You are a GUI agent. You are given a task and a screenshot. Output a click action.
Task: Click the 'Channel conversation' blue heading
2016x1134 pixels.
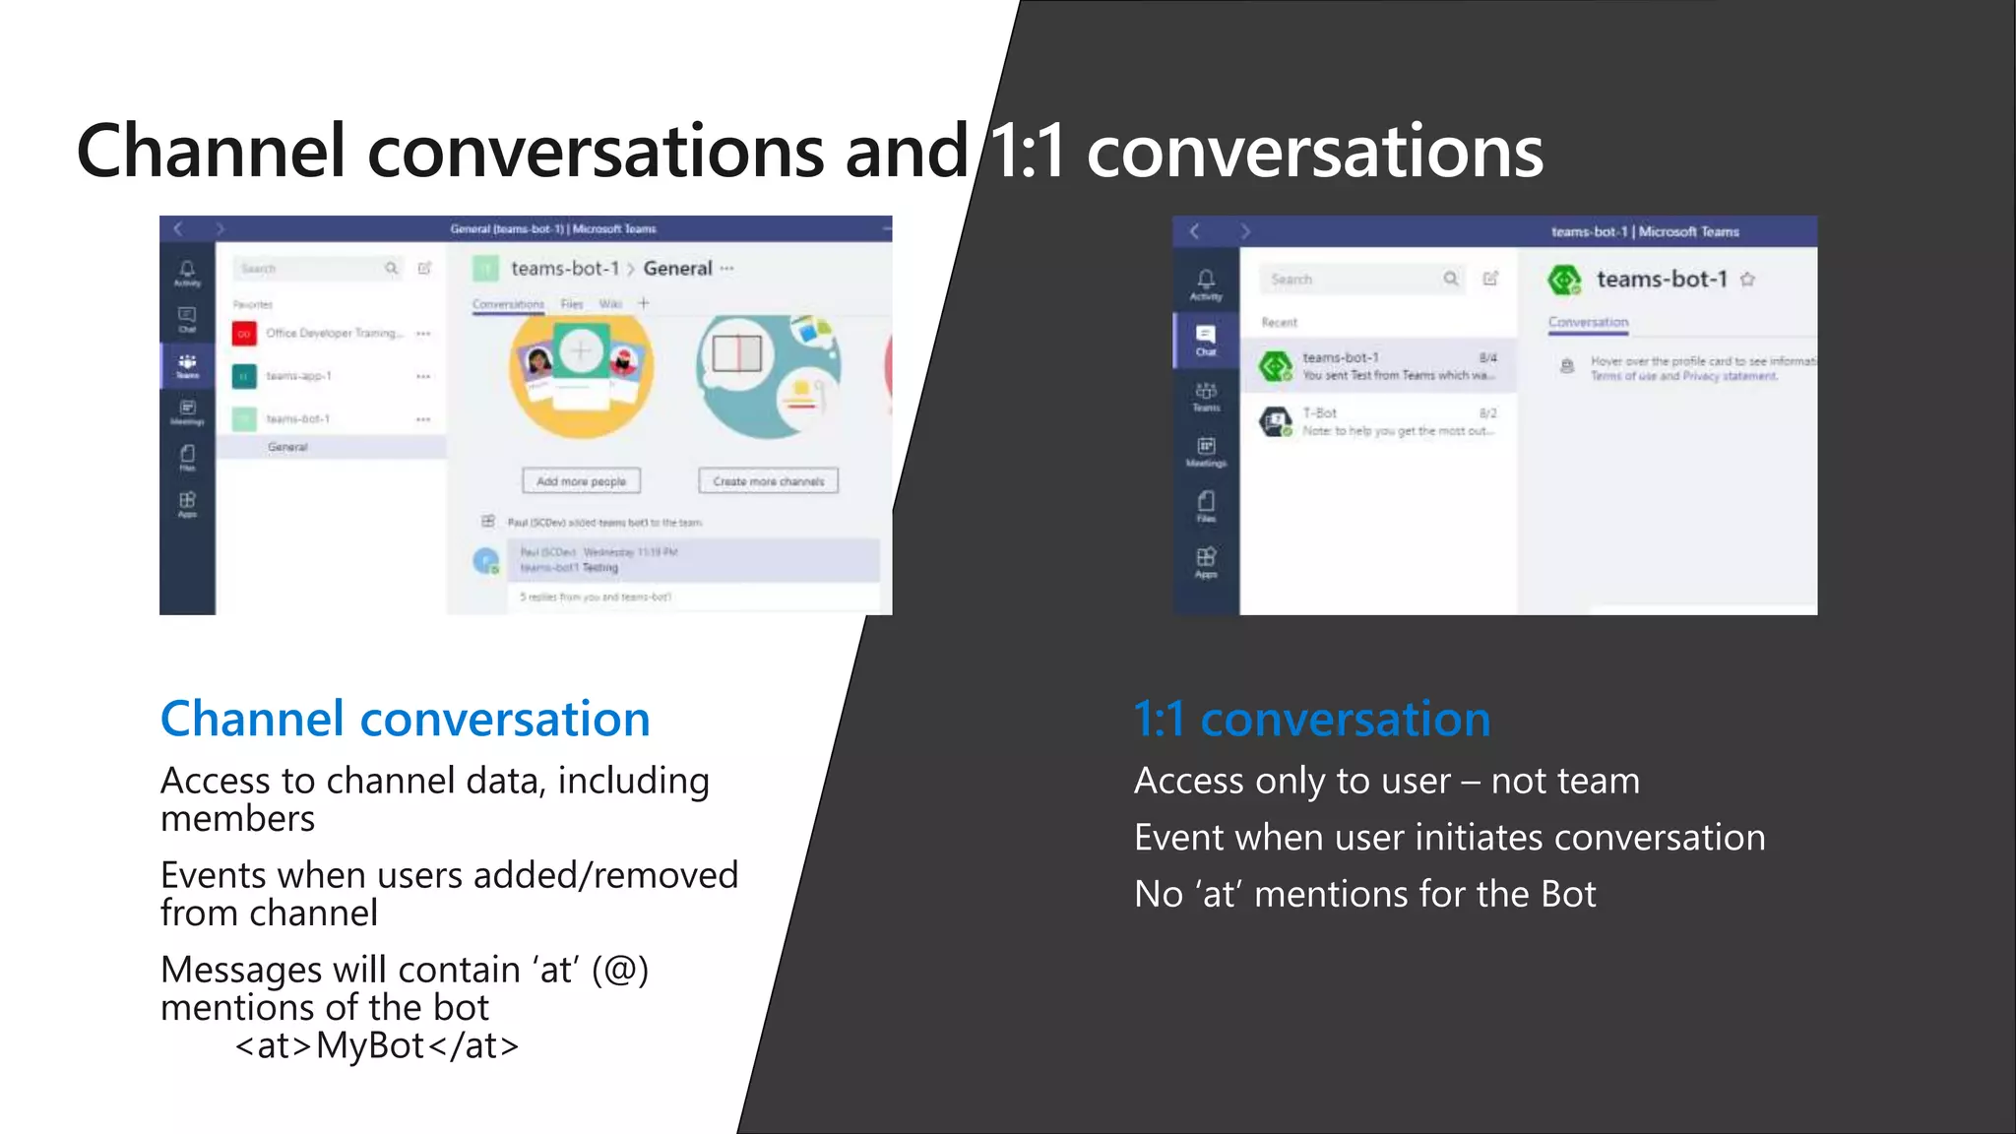(405, 720)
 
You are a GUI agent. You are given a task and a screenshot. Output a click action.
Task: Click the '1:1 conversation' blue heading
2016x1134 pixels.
(1311, 720)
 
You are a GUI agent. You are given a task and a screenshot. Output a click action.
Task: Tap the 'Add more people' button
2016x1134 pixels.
(581, 481)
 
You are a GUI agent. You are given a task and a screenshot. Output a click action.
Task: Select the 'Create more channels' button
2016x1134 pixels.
(768, 481)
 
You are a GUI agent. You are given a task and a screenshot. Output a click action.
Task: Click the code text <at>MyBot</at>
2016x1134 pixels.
(377, 1045)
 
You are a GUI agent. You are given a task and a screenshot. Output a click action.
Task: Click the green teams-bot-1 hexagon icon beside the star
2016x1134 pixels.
(1563, 281)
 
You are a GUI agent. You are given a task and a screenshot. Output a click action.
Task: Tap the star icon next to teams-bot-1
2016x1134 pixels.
(1747, 280)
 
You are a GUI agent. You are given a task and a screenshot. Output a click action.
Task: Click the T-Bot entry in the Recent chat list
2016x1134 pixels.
(1378, 421)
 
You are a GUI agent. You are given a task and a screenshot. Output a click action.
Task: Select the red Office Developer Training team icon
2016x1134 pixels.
(244, 334)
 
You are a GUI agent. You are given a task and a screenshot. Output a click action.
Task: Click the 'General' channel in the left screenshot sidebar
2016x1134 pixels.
(287, 447)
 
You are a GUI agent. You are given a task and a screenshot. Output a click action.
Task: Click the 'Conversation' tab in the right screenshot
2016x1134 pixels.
(1588, 322)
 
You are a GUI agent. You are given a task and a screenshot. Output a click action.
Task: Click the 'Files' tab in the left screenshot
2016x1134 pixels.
(572, 304)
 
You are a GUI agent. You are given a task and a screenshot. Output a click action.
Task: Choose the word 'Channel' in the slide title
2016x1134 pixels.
(211, 152)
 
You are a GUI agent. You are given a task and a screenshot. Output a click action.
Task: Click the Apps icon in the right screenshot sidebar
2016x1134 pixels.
(1206, 561)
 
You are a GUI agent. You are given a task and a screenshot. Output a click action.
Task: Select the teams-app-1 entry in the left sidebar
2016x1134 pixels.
(298, 376)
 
